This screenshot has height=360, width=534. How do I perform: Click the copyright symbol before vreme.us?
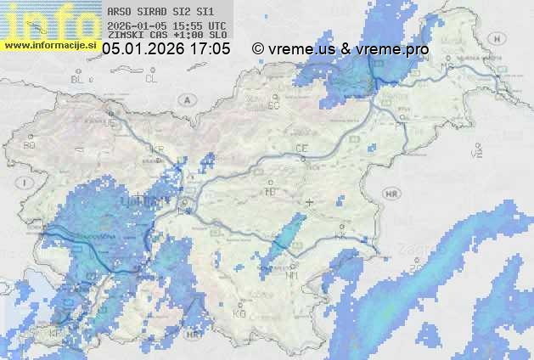point(258,49)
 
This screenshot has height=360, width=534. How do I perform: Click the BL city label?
point(79,79)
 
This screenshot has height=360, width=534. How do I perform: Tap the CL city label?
point(151,79)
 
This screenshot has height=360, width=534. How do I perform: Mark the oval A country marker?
point(186,99)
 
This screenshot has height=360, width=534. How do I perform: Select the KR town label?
point(157,149)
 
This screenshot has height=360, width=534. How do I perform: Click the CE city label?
point(301,149)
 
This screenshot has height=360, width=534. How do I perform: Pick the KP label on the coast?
point(56,333)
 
